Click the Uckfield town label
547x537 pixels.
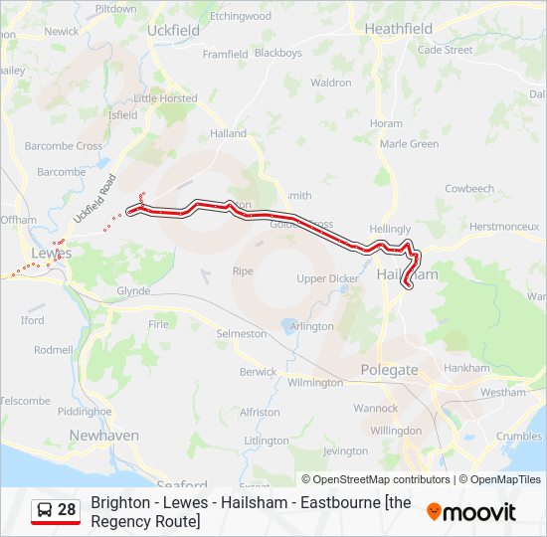173,30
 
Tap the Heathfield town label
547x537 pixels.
398,29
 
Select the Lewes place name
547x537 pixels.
52,254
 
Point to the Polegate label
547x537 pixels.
389,370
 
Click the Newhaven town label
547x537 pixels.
103,436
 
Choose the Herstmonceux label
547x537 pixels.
504,226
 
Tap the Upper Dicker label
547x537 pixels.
327,278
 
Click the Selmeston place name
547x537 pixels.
242,333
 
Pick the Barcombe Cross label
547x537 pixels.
64,145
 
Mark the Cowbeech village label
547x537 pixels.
469,188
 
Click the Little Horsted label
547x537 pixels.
165,98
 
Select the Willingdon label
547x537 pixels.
397,431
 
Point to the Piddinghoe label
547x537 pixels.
85,411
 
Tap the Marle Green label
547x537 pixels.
409,143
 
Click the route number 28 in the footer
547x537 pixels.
67,510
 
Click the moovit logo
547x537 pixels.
471,512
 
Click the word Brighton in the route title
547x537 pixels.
116,503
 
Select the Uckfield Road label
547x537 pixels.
94,198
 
